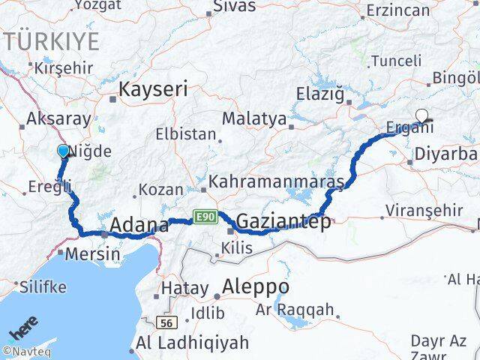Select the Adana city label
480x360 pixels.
point(139,224)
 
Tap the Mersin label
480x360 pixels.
point(91,253)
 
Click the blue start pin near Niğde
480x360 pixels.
point(63,151)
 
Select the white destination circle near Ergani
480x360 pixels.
point(423,115)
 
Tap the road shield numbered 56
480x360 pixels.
point(166,322)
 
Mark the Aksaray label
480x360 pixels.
point(58,118)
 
